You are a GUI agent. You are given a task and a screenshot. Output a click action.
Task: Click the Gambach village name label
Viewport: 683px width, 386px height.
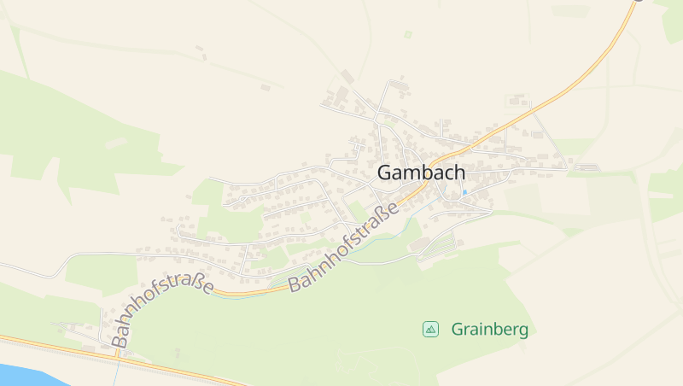coord(421,173)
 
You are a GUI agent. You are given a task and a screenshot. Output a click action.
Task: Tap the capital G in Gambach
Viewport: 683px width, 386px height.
coord(385,173)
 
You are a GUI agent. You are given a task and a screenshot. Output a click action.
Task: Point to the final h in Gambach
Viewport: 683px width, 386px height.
coord(459,172)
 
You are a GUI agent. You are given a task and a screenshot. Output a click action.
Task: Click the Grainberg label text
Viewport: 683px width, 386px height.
coord(489,329)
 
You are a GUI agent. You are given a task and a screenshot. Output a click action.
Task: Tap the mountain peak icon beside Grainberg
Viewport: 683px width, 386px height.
coord(430,329)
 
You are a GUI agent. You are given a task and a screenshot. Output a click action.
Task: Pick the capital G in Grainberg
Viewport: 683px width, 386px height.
coord(458,329)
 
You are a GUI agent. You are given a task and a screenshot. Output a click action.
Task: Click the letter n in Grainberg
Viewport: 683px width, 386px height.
coord(487,330)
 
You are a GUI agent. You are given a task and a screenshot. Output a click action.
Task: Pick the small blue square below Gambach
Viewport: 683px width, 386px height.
coord(464,192)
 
